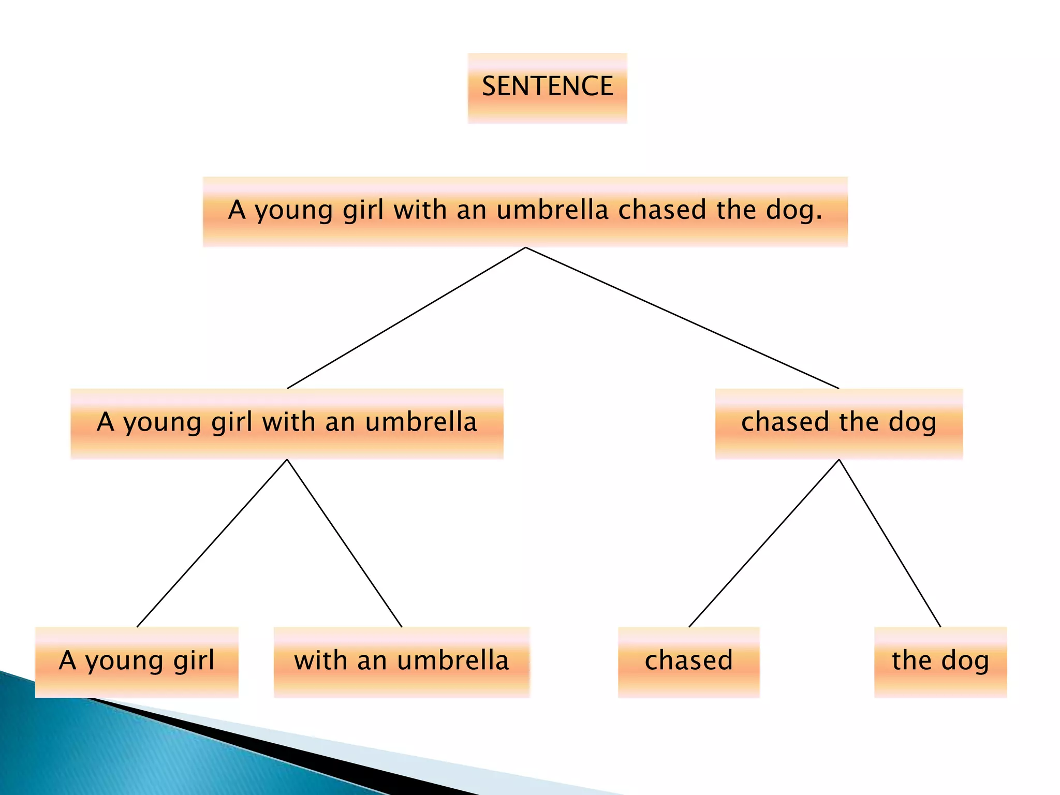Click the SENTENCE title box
(x=547, y=87)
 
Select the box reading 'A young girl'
(x=137, y=662)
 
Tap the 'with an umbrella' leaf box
(x=402, y=662)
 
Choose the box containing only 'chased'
(x=688, y=662)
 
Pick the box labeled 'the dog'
(x=940, y=662)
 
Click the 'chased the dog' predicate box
(x=838, y=423)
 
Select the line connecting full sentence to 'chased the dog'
(x=682, y=318)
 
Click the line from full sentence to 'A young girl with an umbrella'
(x=406, y=318)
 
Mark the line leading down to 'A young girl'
(x=212, y=543)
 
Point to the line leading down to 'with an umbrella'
(x=344, y=543)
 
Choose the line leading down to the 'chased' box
(x=764, y=543)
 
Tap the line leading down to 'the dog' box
(x=890, y=543)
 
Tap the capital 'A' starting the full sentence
(x=237, y=210)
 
